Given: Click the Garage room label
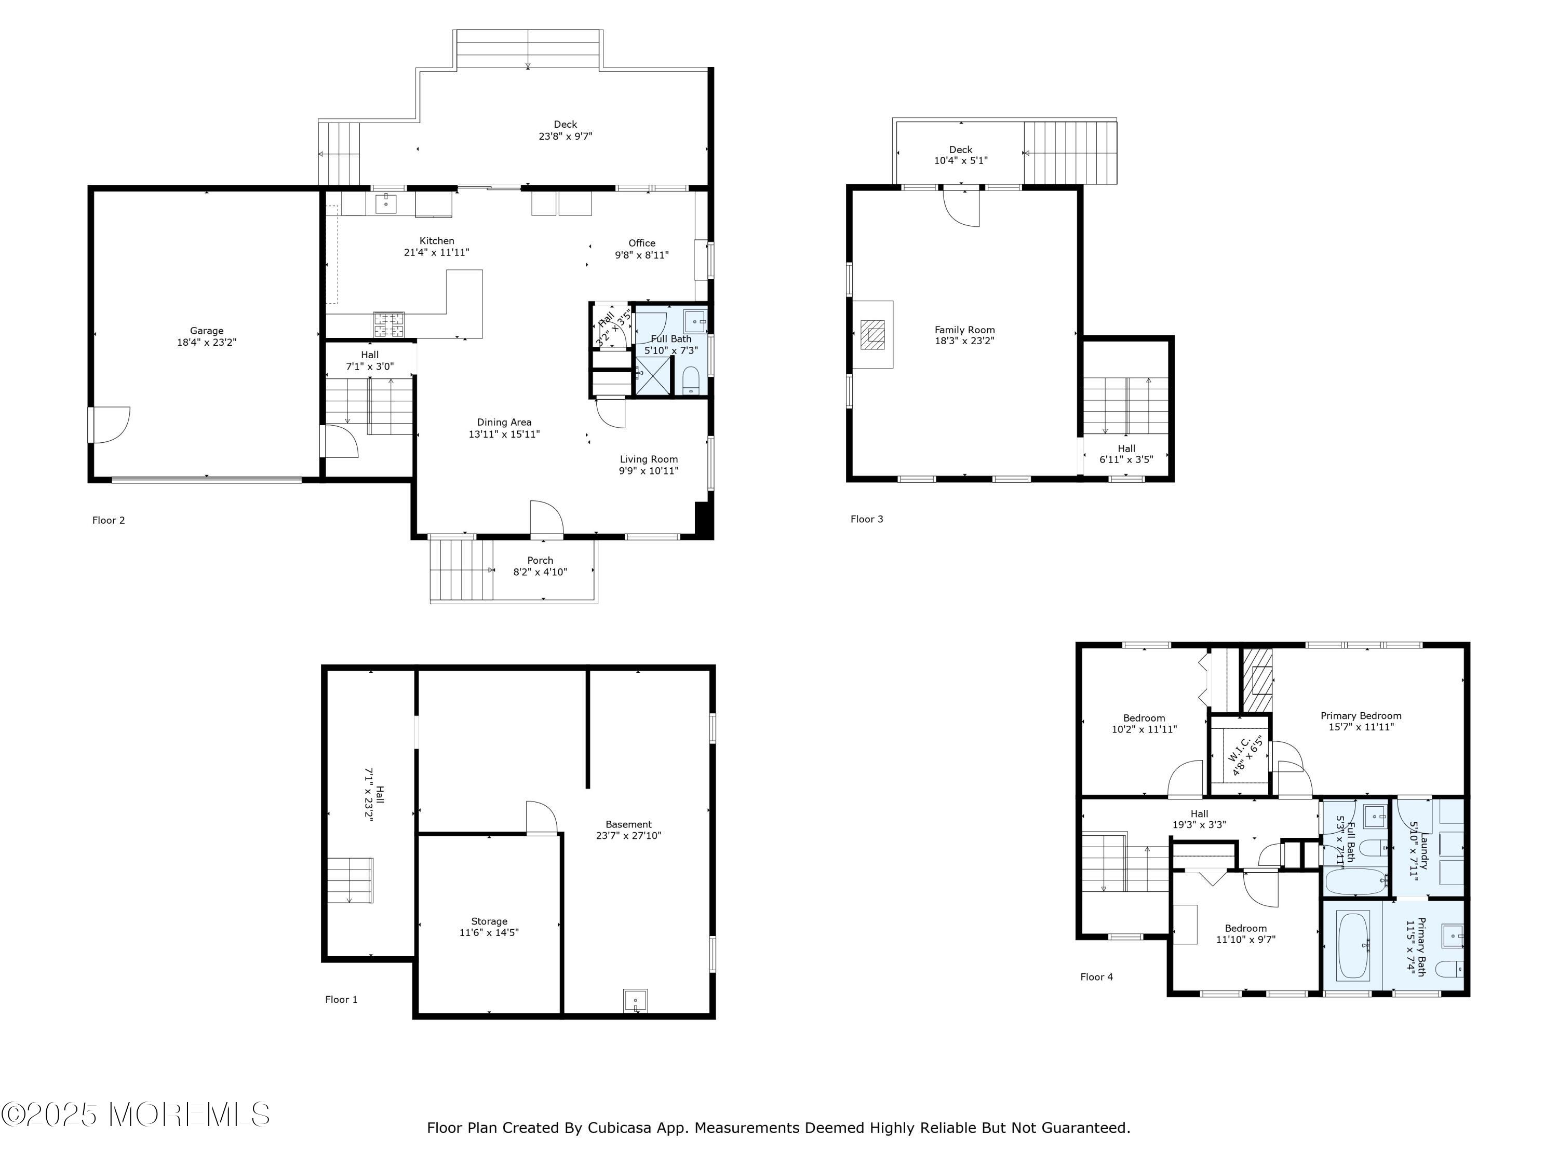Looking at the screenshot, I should coord(206,331).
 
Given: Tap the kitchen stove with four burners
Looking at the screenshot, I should coord(389,324).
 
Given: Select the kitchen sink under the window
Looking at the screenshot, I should coord(385,203).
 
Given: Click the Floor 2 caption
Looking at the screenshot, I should coord(109,520).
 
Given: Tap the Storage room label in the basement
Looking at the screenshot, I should coord(489,921).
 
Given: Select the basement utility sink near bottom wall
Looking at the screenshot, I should coord(635,1000).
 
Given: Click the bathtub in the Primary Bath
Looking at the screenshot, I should coord(1353,945).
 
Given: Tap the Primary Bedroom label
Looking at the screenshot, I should coord(1361,715).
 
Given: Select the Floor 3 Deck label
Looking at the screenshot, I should coord(961,150).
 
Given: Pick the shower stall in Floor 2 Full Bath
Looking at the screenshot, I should coord(653,376).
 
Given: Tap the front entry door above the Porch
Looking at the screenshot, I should coord(546,519).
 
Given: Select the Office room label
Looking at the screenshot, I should coord(642,243).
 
